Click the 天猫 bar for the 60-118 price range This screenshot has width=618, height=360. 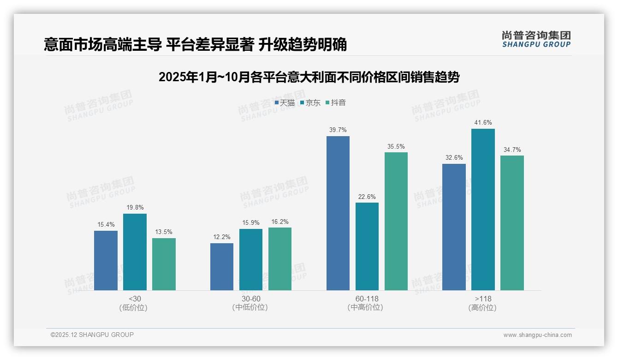click(338, 213)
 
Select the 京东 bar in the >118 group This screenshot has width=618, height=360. click(483, 210)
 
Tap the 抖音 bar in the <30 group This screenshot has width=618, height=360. click(164, 264)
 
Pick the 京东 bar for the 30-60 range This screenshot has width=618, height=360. click(250, 259)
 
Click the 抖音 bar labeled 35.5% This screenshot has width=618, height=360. click(396, 221)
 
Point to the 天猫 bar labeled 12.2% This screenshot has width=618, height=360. click(222, 267)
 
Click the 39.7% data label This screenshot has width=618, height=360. click(338, 130)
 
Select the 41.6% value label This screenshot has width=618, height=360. click(483, 123)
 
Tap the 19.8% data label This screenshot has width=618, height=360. click(135, 208)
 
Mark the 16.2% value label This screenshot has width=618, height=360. click(280, 222)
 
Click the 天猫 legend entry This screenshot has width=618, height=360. click(285, 103)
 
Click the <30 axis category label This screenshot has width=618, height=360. click(135, 299)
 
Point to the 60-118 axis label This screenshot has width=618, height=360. click(367, 299)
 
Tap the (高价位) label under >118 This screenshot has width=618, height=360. click(482, 308)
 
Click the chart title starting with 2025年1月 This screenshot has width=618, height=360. click(309, 77)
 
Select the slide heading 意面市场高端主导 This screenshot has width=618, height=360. click(195, 45)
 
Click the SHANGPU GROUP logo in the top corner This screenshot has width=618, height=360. click(536, 39)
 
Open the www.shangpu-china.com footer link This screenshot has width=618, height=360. click(537, 335)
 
